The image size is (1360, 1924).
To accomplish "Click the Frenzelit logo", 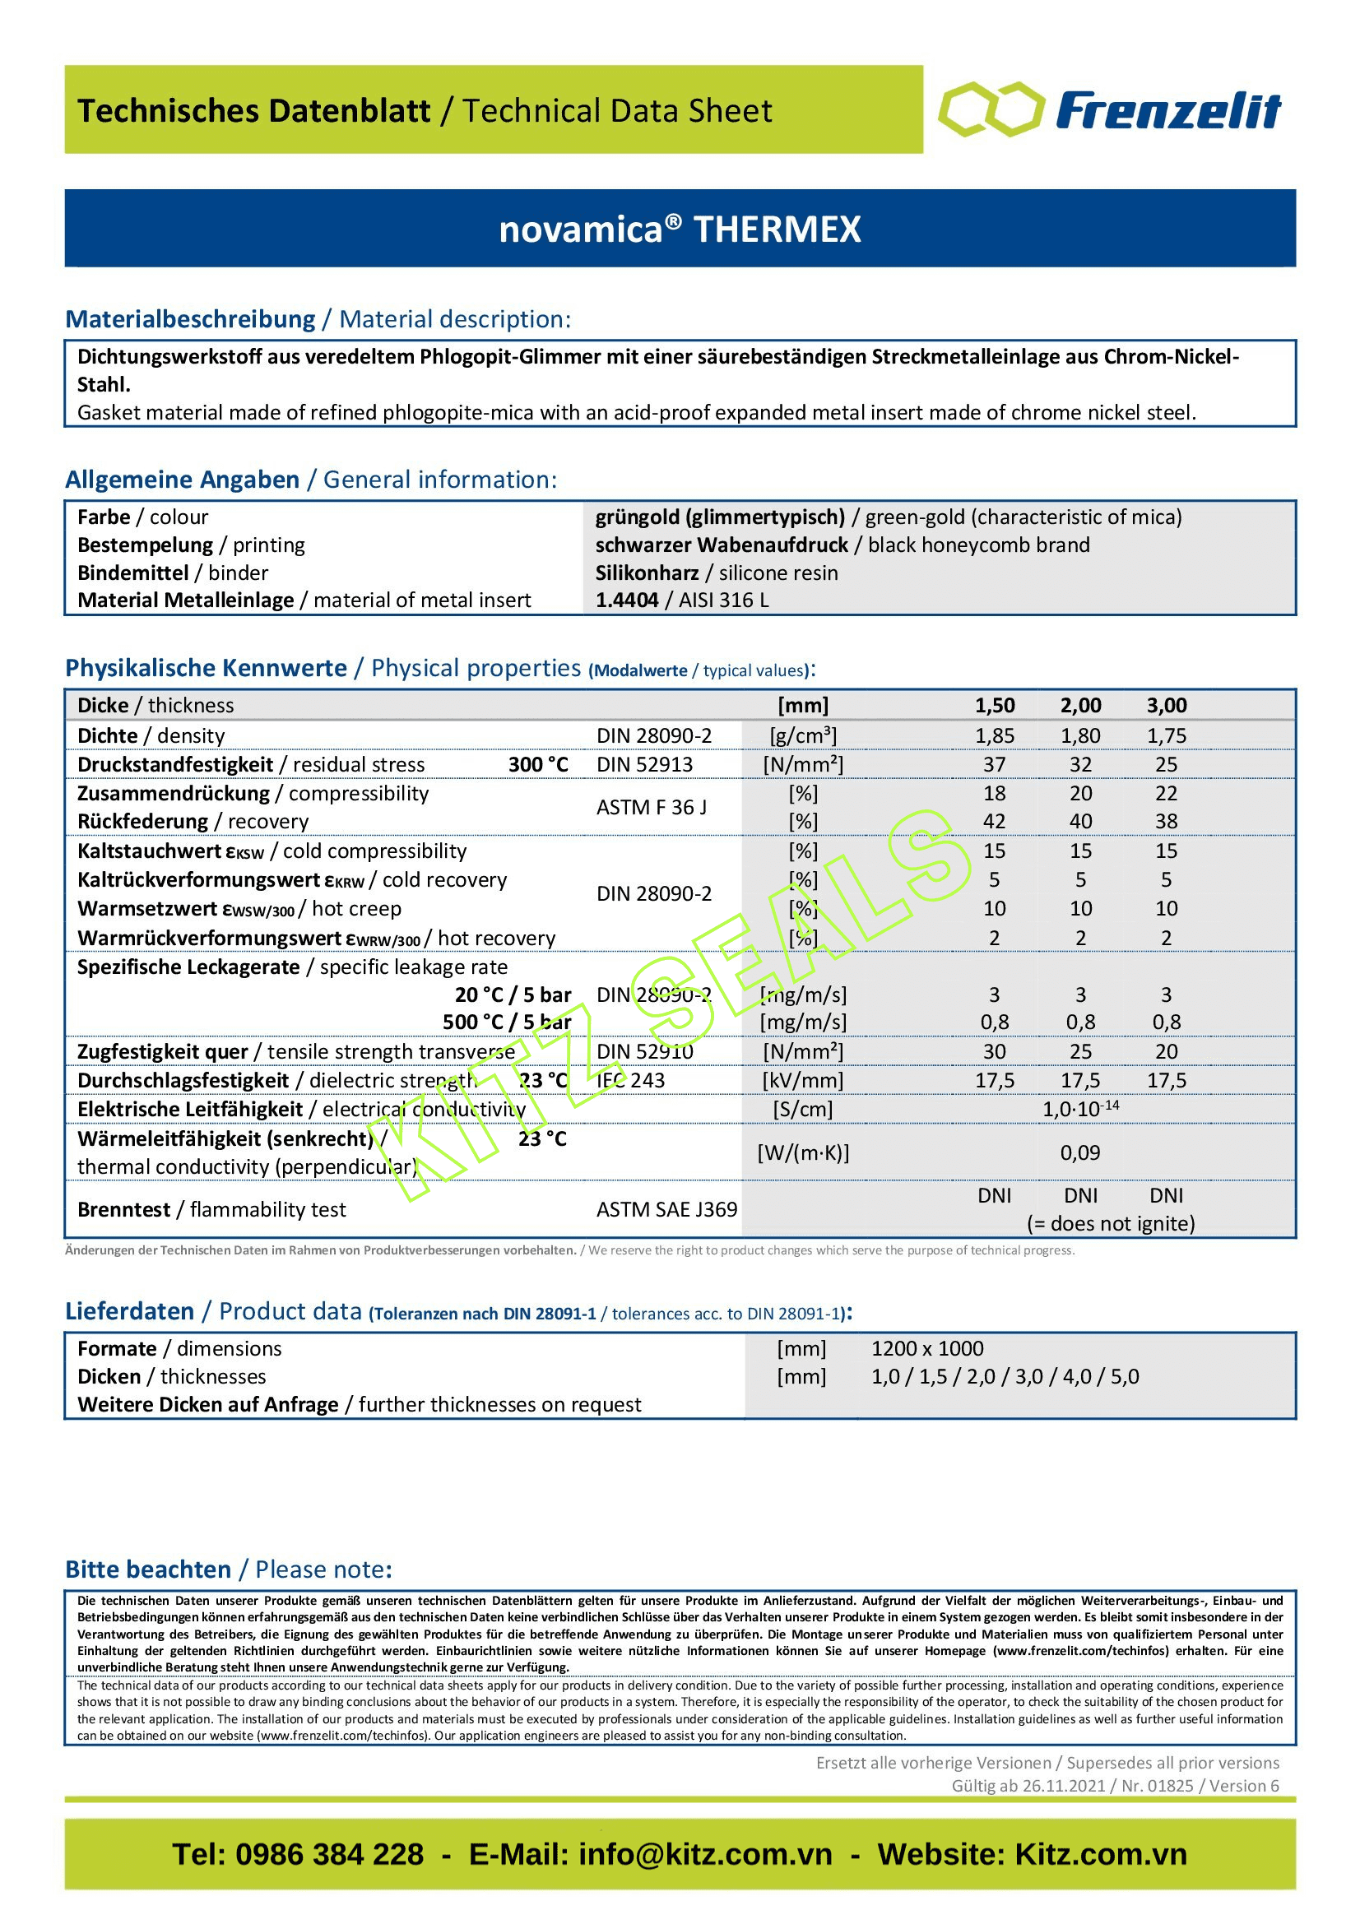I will click(1109, 109).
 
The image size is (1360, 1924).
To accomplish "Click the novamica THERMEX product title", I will click(680, 229).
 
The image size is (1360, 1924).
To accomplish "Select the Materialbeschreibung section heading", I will click(190, 319).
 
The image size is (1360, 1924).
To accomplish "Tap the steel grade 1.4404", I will click(626, 600).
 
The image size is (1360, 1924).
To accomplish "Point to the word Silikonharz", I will click(646, 573).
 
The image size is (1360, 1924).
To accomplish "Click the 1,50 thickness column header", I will click(994, 706).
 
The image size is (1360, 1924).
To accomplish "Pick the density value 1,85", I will click(994, 735).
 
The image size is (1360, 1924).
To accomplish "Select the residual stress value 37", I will click(994, 764).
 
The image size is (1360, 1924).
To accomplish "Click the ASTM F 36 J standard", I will click(651, 807).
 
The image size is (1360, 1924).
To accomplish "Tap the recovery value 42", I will click(994, 821).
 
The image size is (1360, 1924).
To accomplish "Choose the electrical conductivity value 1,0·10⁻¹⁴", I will click(1080, 1109).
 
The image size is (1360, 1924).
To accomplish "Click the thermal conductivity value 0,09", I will click(1080, 1152).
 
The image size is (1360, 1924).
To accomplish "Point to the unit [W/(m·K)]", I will click(803, 1153).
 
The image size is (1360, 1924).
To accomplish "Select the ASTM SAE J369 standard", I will click(666, 1209).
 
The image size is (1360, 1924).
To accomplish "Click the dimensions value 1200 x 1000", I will click(926, 1348).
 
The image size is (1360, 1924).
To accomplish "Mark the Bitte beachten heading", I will click(148, 1569).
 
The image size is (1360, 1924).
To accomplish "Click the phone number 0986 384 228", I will click(328, 1854).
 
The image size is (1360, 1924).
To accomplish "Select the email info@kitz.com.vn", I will click(705, 1854).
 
